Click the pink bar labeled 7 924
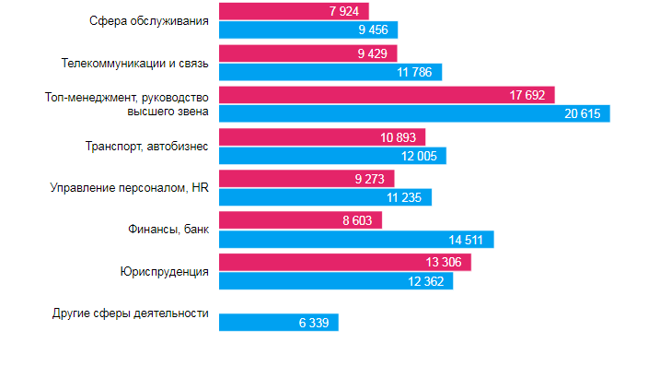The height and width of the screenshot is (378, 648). click(x=294, y=11)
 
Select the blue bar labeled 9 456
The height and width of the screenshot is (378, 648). click(x=308, y=30)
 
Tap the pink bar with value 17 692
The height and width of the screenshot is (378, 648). click(x=390, y=95)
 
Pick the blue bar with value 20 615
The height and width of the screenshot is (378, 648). click(x=414, y=113)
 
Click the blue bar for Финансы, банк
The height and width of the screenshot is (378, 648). click(x=356, y=240)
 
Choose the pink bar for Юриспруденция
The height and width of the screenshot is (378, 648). click(x=345, y=263)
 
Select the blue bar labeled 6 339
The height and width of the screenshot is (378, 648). click(x=279, y=323)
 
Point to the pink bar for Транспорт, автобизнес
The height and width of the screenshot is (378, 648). click(x=321, y=137)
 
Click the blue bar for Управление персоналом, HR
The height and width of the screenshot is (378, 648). click(x=325, y=197)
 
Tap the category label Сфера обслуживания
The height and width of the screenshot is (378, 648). click(x=151, y=19)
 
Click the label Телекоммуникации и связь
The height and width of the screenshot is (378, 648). click(x=135, y=64)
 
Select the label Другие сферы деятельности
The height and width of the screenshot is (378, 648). click(x=131, y=313)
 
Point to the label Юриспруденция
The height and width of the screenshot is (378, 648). click(x=164, y=271)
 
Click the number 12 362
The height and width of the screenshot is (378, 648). click(x=424, y=281)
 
